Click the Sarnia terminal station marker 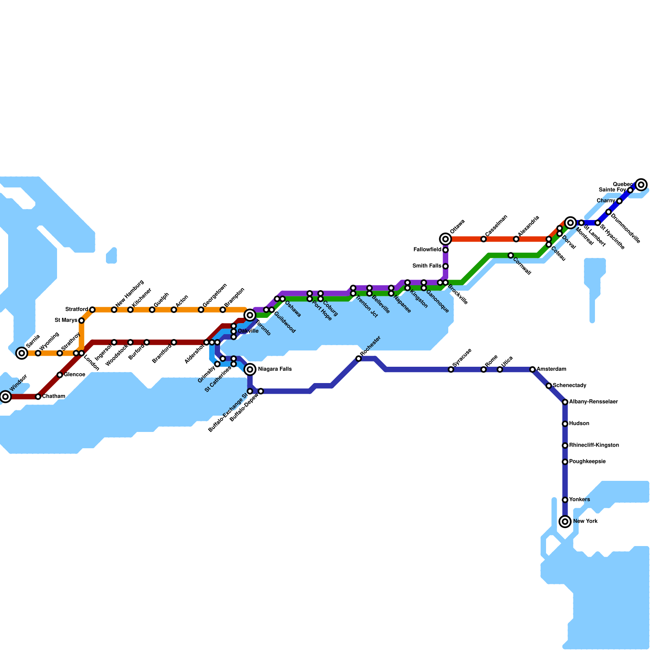tap(22, 353)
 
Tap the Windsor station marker tap(5, 396)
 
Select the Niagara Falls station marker tap(250, 369)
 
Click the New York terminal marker tap(565, 521)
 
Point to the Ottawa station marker tap(445, 239)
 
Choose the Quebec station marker tap(641, 185)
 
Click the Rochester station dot tap(359, 359)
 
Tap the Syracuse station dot tap(451, 369)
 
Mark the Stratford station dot tap(93, 310)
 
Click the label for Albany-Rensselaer tap(593, 402)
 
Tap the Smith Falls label tap(427, 266)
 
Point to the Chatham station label tap(53, 396)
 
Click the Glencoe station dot tap(60, 374)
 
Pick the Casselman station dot tap(483, 239)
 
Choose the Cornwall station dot tap(511, 255)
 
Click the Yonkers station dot tap(565, 500)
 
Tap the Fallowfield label tap(427, 249)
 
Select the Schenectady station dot tap(548, 385)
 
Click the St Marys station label tap(66, 320)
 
